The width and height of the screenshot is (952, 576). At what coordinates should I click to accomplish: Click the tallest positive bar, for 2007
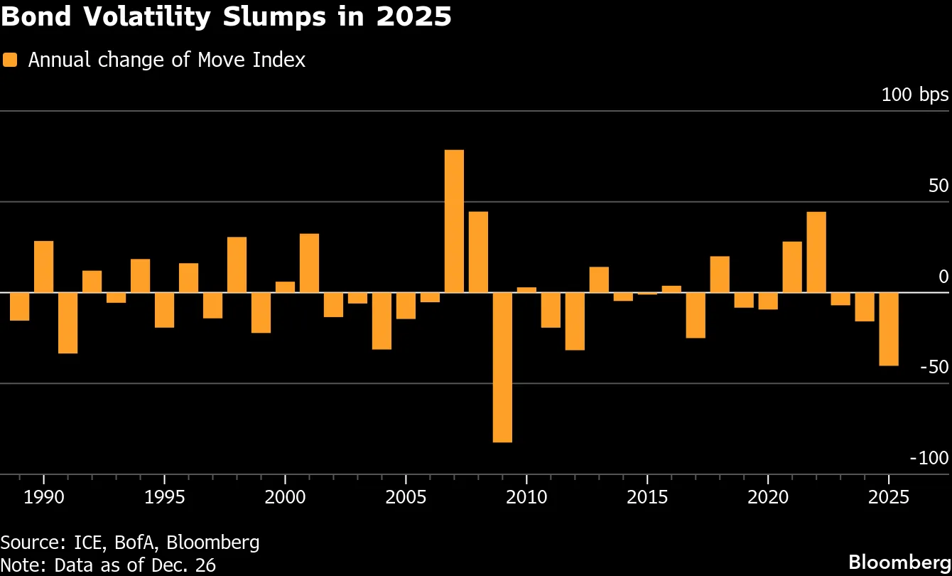(x=454, y=221)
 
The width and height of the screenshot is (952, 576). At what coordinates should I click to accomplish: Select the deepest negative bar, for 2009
(x=502, y=368)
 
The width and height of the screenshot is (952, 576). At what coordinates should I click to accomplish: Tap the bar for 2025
(x=889, y=329)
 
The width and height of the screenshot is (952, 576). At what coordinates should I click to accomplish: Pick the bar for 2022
(x=816, y=252)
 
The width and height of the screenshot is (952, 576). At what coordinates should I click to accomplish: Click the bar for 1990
(x=44, y=267)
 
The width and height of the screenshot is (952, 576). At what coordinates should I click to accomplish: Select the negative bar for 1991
(x=68, y=323)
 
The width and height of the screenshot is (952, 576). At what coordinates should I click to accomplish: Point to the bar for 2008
(x=478, y=252)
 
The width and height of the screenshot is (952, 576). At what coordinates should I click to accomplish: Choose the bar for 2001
(x=310, y=263)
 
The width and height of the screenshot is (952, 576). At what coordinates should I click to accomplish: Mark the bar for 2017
(x=696, y=315)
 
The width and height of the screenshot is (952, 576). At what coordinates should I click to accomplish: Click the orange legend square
(x=10, y=60)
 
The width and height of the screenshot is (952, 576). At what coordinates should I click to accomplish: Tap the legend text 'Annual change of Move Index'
(x=166, y=60)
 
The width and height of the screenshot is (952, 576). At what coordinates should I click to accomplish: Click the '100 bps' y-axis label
(x=914, y=95)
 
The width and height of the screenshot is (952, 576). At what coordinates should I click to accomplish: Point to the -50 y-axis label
(x=934, y=367)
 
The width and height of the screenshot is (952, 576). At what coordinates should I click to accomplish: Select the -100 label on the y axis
(x=929, y=458)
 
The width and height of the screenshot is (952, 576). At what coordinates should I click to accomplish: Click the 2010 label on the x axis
(x=526, y=497)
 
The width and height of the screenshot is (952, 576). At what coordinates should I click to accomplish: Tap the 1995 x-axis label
(x=165, y=497)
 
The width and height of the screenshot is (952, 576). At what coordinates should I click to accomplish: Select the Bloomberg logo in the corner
(x=899, y=562)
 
